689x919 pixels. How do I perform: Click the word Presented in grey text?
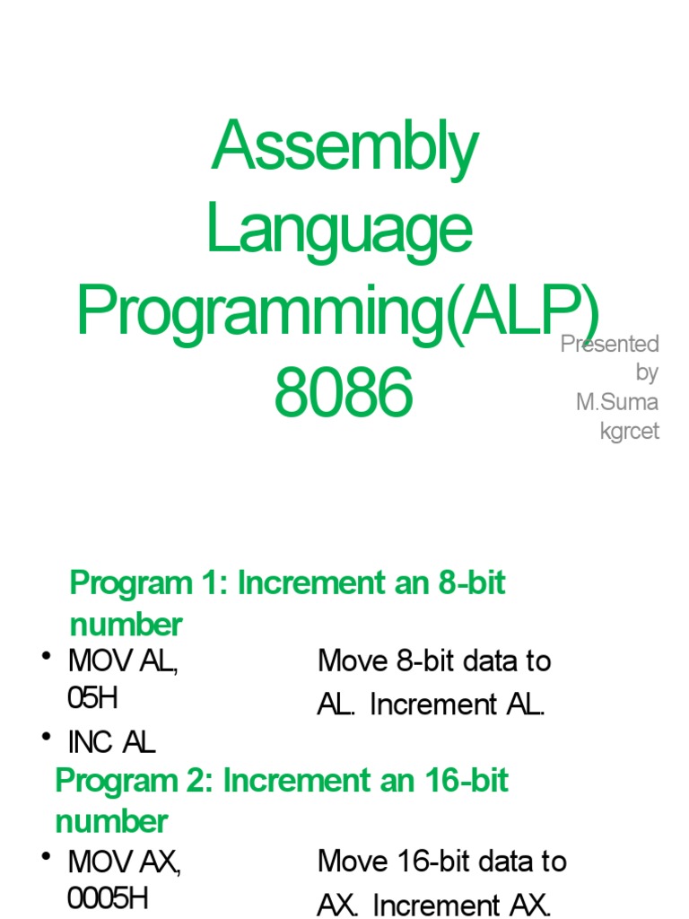610,344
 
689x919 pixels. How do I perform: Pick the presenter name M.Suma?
617,402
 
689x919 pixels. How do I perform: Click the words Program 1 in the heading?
144,583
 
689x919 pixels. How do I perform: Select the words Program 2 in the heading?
131,781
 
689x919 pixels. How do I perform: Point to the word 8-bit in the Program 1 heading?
472,583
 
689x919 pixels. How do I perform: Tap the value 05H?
92,698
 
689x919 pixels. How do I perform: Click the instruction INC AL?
111,741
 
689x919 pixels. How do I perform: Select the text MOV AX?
125,862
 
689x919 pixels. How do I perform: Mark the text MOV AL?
123,662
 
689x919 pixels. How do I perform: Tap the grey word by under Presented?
647,372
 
